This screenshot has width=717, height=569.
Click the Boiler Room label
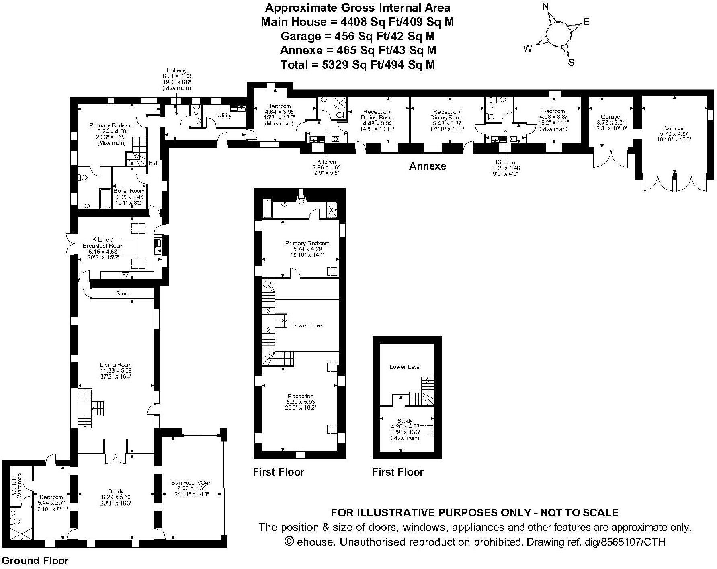[129, 191]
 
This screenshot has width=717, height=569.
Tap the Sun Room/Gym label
[191, 483]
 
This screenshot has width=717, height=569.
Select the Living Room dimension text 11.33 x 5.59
[116, 370]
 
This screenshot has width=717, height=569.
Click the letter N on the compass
[545, 6]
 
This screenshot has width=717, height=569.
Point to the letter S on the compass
[571, 63]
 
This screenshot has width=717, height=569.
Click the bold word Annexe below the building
[428, 166]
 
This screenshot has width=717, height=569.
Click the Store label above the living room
[123, 293]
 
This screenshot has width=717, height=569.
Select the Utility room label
[224, 116]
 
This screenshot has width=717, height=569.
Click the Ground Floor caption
[35, 561]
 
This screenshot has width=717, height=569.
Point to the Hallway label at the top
[177, 71]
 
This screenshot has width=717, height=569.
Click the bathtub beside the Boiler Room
[105, 198]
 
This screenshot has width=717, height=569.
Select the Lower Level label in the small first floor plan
[405, 367]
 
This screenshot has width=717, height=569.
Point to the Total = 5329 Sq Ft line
[358, 64]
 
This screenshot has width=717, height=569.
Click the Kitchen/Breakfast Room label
[103, 242]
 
